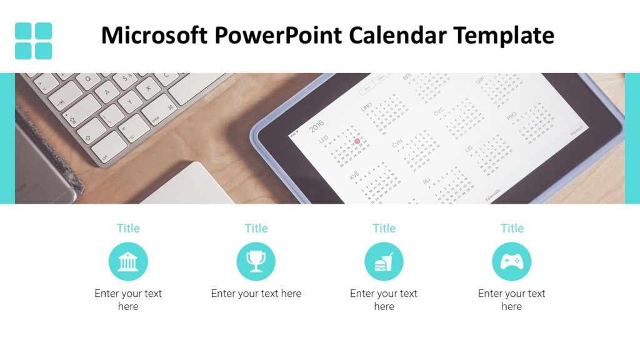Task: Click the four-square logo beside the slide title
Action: [x=33, y=41]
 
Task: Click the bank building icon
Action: [x=128, y=261]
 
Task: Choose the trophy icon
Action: [x=256, y=261]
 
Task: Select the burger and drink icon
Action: [x=384, y=261]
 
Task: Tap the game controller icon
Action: [x=511, y=261]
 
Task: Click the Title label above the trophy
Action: [x=256, y=228]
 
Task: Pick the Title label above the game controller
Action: [x=512, y=228]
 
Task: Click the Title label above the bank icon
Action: [x=128, y=228]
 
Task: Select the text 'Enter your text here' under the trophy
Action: [x=256, y=293]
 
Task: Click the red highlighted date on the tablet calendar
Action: [x=357, y=141]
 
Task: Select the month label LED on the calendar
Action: [x=324, y=140]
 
